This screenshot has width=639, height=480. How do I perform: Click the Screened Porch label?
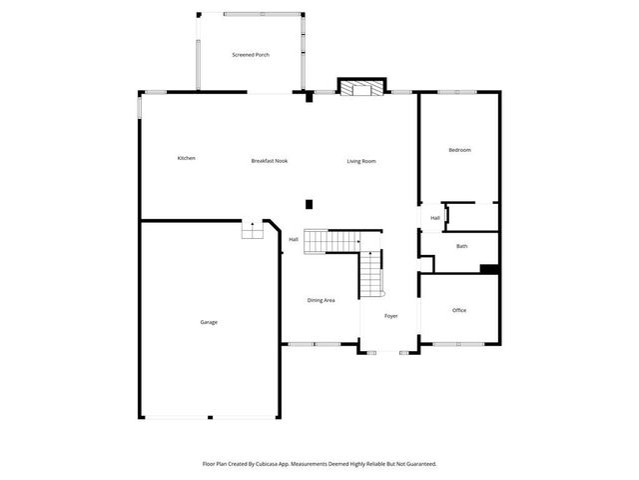(251, 54)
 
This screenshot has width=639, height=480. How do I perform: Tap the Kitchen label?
(186, 158)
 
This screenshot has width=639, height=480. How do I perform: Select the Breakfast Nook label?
(269, 161)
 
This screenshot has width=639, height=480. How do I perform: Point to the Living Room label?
(361, 161)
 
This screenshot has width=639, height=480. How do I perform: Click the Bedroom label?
(459, 150)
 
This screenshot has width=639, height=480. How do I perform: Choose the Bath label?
(461, 246)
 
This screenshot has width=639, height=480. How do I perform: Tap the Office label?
(459, 310)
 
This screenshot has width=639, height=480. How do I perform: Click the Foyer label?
(391, 316)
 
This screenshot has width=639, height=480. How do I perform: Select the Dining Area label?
(320, 300)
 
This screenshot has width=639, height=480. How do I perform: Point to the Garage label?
(209, 322)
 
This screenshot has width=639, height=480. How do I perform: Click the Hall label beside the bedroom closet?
(435, 218)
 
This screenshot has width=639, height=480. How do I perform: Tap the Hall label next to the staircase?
(294, 240)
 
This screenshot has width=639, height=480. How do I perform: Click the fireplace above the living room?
(359, 89)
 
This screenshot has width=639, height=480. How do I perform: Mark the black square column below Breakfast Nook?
(309, 204)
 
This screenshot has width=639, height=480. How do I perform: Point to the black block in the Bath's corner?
(489, 268)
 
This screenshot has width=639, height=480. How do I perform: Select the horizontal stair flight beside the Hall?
(329, 241)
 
